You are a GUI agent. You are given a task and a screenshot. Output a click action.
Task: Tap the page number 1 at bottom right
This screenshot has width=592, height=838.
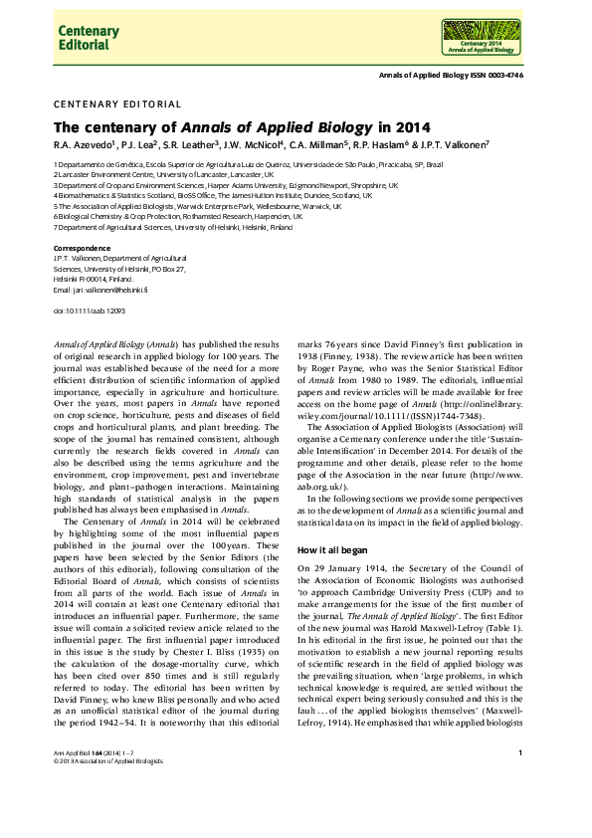coord(521,781)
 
